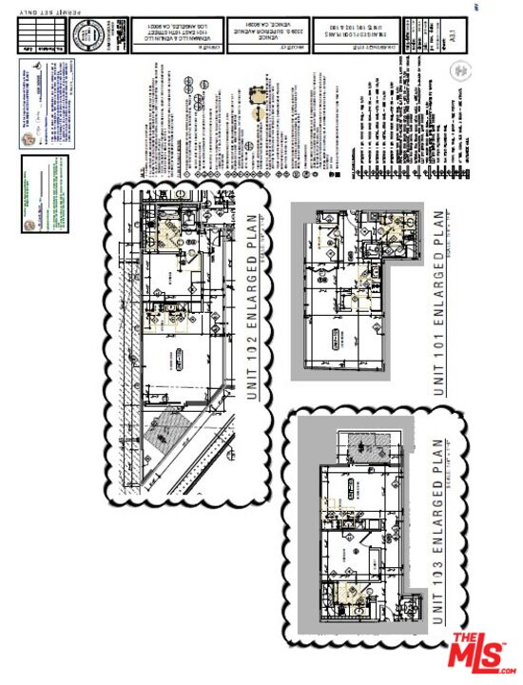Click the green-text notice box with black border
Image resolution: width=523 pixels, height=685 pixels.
click(46, 195)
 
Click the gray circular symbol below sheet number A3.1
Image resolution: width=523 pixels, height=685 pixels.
click(460, 70)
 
